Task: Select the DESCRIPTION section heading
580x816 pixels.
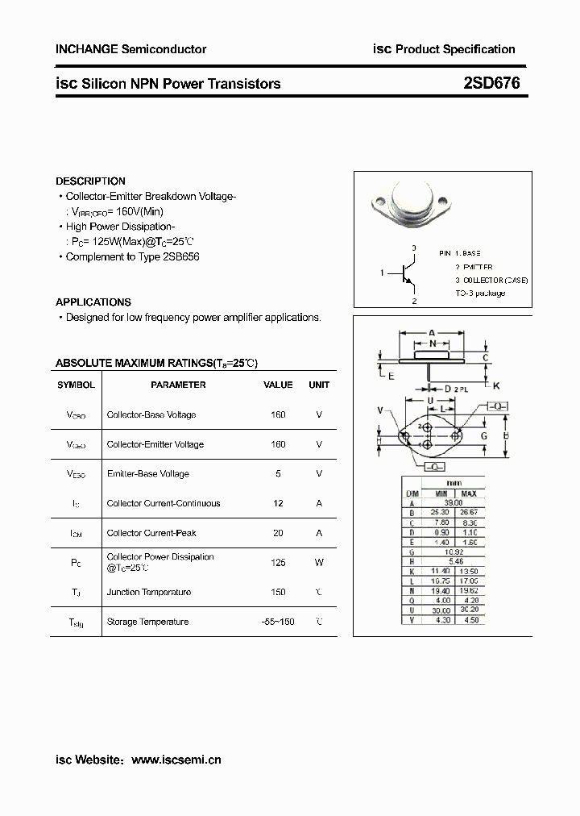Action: pos(90,181)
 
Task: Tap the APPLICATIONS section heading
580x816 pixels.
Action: pos(93,302)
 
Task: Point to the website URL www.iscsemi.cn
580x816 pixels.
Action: pos(176,759)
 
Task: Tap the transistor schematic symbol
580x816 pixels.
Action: pos(407,274)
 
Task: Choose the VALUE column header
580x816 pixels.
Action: pos(278,385)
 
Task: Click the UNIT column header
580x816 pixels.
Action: pos(319,385)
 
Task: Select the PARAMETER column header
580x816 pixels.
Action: pos(178,385)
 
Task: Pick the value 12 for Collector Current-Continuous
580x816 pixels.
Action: pos(278,503)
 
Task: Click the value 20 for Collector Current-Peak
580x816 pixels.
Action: pos(278,533)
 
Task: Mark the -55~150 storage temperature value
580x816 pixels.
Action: pos(278,622)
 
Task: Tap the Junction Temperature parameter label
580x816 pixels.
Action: pos(149,592)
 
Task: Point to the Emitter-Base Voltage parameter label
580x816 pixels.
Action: pos(148,474)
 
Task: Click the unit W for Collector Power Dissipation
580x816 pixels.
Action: pos(319,562)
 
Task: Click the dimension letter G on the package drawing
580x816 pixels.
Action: pos(484,436)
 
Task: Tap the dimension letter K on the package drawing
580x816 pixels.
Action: pos(496,385)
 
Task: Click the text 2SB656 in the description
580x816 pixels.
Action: pos(181,256)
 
